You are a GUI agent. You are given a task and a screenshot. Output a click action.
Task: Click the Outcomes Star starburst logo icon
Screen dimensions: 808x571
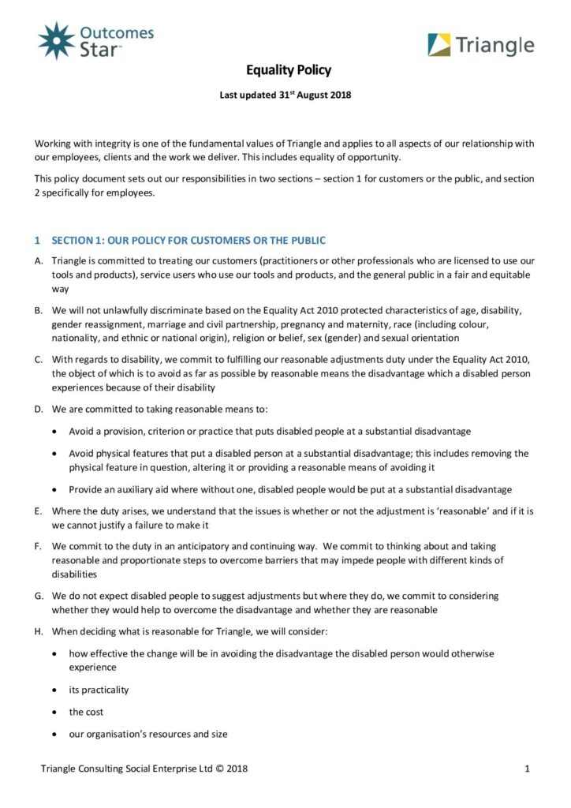pos(56,40)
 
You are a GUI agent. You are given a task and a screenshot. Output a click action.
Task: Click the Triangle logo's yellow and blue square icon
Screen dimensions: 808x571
pos(439,45)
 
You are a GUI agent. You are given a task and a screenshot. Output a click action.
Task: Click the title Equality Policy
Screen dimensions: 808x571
pos(289,70)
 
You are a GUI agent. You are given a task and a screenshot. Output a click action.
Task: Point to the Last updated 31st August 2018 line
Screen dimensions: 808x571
pos(285,95)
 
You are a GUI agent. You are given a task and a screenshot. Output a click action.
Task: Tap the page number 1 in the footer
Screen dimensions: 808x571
pos(525,769)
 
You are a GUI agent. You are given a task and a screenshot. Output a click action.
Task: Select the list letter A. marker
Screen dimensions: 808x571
pos(39,260)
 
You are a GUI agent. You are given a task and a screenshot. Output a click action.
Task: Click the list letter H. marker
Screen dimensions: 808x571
pos(39,631)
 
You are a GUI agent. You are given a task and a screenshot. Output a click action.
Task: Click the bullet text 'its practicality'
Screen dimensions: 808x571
pos(99,690)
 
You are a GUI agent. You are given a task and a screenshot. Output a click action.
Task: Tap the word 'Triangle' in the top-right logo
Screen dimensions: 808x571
pos(494,46)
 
